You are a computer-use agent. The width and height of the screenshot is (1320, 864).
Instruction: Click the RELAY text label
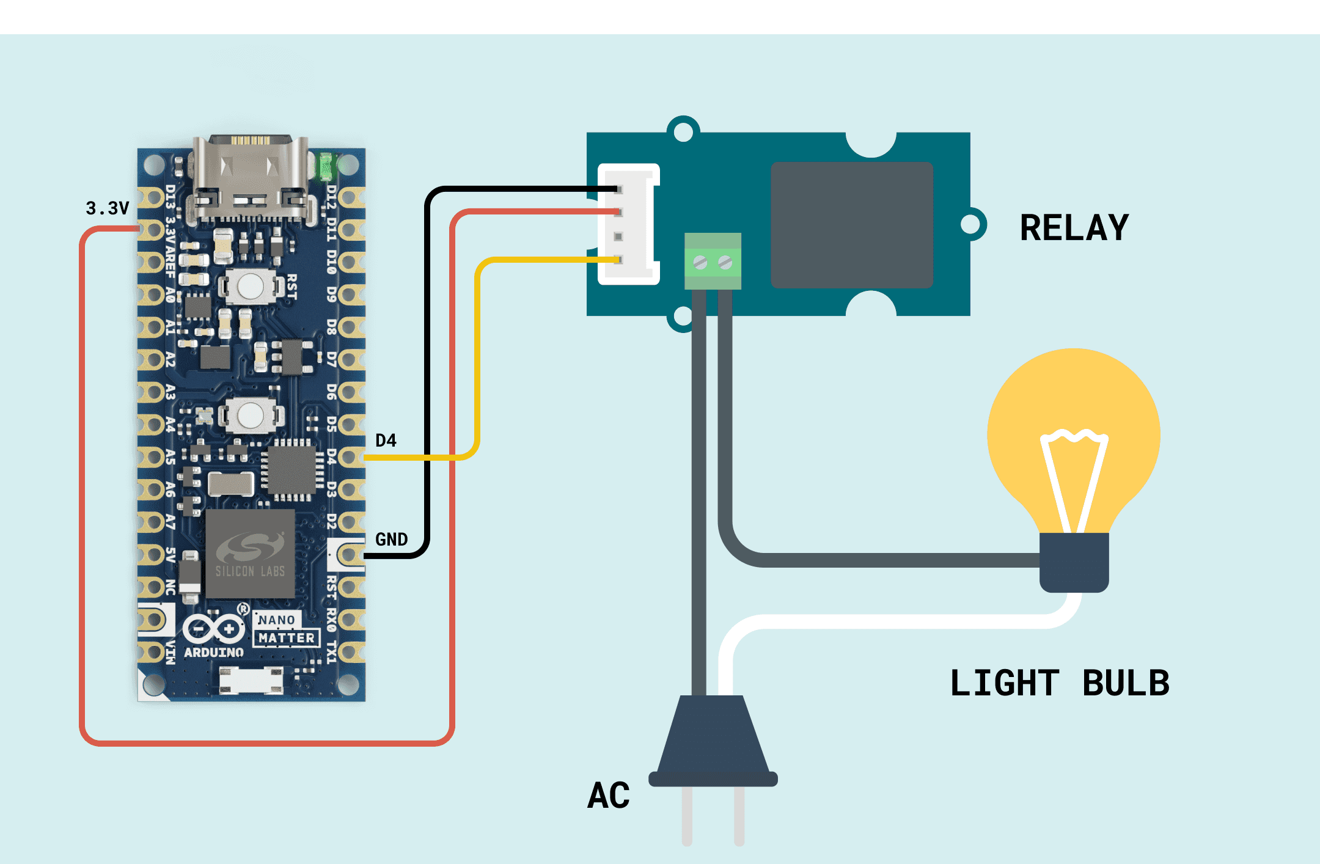tap(1074, 228)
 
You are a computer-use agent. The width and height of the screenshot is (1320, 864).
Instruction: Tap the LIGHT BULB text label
tap(1060, 683)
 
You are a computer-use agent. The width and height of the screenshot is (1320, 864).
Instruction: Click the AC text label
tap(608, 796)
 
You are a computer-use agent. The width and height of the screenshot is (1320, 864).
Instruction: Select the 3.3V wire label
tap(108, 208)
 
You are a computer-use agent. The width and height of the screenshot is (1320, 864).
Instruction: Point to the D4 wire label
tap(386, 441)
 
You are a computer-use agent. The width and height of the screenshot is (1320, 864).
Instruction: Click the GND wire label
tap(391, 540)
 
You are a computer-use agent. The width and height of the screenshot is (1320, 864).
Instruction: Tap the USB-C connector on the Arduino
tap(251, 177)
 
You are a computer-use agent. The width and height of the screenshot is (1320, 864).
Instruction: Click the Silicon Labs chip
tap(250, 555)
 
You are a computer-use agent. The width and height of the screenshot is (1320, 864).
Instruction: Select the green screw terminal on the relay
tap(713, 262)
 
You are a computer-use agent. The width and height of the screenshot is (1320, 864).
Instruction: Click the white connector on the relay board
tap(628, 224)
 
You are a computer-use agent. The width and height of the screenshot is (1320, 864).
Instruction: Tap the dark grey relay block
tap(851, 225)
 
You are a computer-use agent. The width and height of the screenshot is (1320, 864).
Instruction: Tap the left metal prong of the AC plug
tap(687, 816)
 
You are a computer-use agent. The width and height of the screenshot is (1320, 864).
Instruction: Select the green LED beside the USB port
tap(324, 166)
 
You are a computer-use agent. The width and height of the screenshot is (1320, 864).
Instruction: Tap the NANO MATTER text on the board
tap(286, 629)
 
